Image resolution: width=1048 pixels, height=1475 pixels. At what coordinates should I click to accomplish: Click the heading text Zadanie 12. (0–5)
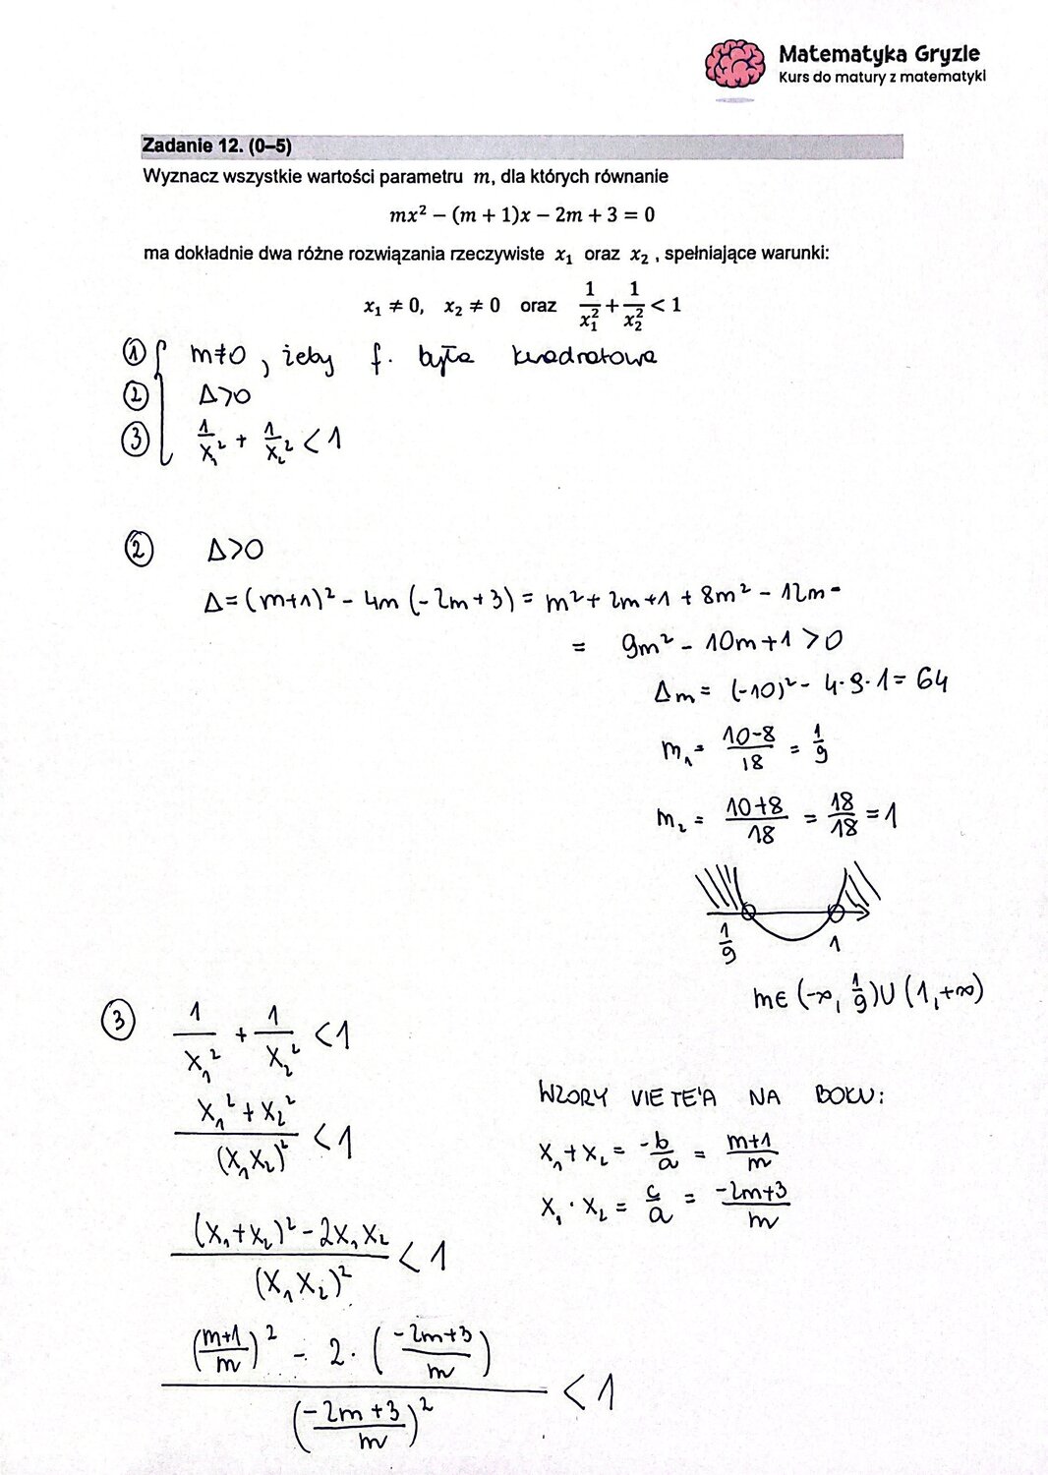click(x=216, y=147)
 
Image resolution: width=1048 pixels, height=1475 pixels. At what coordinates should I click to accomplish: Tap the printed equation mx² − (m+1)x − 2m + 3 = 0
click(x=522, y=214)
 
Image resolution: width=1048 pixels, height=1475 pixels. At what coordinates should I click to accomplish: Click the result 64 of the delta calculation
click(x=930, y=680)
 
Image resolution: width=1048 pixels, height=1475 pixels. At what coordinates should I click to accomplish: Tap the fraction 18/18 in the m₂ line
click(x=843, y=816)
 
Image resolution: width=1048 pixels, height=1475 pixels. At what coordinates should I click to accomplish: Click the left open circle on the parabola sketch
click(x=748, y=913)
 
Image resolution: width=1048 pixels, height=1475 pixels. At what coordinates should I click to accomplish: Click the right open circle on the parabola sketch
click(x=836, y=913)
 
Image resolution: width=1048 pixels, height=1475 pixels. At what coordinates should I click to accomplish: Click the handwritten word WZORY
click(x=573, y=1095)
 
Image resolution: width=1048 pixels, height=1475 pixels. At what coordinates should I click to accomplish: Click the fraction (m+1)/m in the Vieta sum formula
click(x=750, y=1151)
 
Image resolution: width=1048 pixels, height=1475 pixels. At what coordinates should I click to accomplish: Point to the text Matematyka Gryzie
click(x=878, y=54)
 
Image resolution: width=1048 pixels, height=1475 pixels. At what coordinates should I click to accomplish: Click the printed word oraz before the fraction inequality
click(x=538, y=306)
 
